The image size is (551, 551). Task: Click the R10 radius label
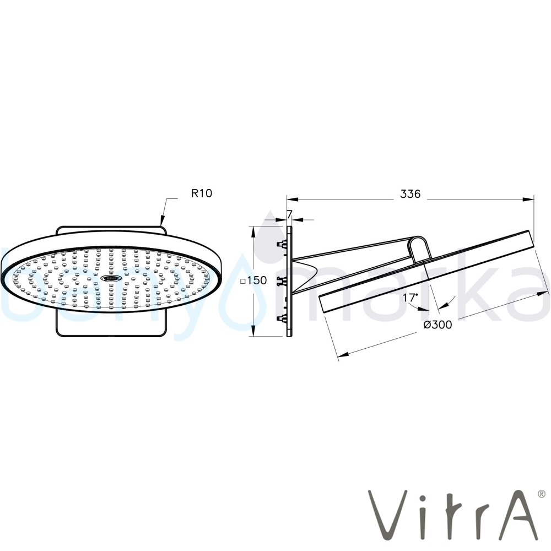(x=201, y=193)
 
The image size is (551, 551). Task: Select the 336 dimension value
(x=410, y=193)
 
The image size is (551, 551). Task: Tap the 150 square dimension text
(x=257, y=280)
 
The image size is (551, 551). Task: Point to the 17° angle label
(x=410, y=298)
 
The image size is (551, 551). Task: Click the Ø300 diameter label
(x=438, y=325)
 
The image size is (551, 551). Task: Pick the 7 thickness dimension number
(x=289, y=214)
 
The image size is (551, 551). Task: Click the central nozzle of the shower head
(x=111, y=278)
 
